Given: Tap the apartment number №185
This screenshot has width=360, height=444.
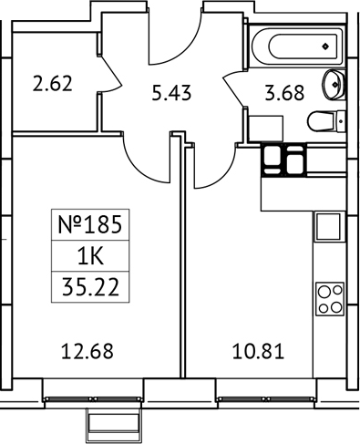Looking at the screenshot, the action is point(88,223).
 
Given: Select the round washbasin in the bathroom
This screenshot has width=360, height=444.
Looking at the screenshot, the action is point(334,84).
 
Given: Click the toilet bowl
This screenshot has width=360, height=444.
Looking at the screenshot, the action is point(319,120).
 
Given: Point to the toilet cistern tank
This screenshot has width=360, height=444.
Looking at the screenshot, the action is point(341,120).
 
